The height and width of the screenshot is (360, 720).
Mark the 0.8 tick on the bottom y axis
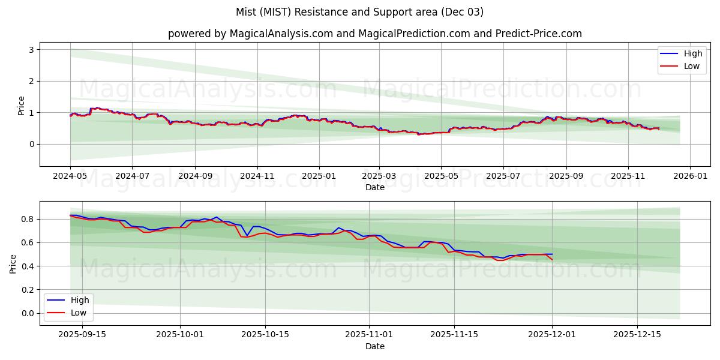coord(27,219)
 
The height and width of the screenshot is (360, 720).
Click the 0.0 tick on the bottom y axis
coord(27,313)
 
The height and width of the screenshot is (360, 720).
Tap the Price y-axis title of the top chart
coord(22,105)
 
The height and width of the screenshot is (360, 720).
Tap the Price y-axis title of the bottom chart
coord(14,263)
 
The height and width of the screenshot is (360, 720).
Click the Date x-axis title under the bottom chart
coord(375,346)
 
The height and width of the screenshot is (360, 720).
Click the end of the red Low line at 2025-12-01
coord(552,259)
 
